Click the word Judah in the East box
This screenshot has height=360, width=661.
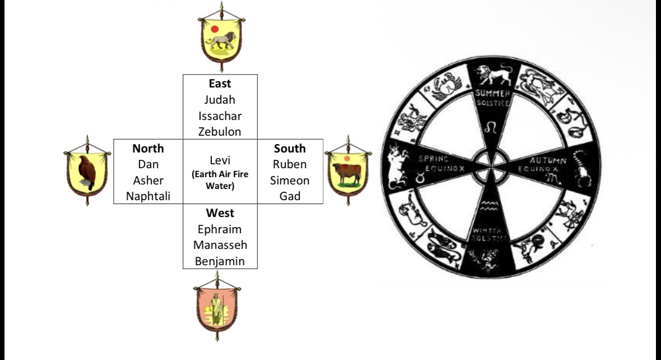pyautogui.click(x=220, y=100)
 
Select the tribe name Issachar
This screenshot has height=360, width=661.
pyautogui.click(x=220, y=116)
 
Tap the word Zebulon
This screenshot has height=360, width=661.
pyautogui.click(x=220, y=132)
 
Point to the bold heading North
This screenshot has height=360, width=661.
pyautogui.click(x=148, y=149)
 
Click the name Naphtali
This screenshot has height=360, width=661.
pyautogui.click(x=148, y=196)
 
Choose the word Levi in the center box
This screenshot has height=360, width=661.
pyautogui.click(x=220, y=160)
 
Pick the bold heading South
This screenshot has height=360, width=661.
pyautogui.click(x=290, y=149)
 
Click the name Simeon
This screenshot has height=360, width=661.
pyautogui.click(x=290, y=181)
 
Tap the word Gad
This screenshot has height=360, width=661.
pyautogui.click(x=290, y=196)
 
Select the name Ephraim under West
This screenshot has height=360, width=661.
pyautogui.click(x=220, y=229)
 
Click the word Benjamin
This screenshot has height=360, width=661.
pyautogui.click(x=220, y=261)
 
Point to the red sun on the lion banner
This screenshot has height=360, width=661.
pyautogui.click(x=215, y=29)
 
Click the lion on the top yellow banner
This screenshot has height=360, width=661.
pyautogui.click(x=223, y=40)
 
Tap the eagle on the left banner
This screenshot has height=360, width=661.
pyautogui.click(x=87, y=172)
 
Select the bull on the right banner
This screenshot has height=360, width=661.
pyautogui.click(x=347, y=173)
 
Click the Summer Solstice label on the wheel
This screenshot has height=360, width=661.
pyautogui.click(x=492, y=98)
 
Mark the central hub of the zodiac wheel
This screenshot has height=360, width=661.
pyautogui.click(x=491, y=167)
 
